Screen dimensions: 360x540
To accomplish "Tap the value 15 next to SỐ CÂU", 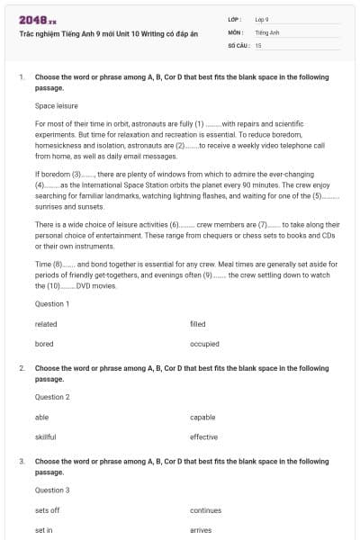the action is [x=258, y=44].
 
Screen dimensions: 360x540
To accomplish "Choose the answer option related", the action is [x=46, y=324].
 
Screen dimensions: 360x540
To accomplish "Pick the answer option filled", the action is [x=198, y=324].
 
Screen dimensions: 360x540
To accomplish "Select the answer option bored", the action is [x=44, y=344].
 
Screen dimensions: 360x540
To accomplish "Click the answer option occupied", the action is [x=204, y=344].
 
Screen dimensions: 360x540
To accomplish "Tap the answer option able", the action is [x=42, y=418].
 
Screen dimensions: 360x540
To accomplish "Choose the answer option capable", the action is [x=202, y=418].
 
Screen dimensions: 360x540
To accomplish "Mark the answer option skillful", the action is [x=46, y=437].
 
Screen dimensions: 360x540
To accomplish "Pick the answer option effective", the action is [x=203, y=437].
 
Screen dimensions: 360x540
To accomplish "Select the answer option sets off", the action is [x=48, y=510].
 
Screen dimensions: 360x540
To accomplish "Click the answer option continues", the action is [x=205, y=510].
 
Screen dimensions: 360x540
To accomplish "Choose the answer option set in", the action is [x=44, y=530].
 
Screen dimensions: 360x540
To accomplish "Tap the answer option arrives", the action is [x=201, y=530].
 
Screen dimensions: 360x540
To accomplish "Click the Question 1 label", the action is [x=52, y=304].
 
